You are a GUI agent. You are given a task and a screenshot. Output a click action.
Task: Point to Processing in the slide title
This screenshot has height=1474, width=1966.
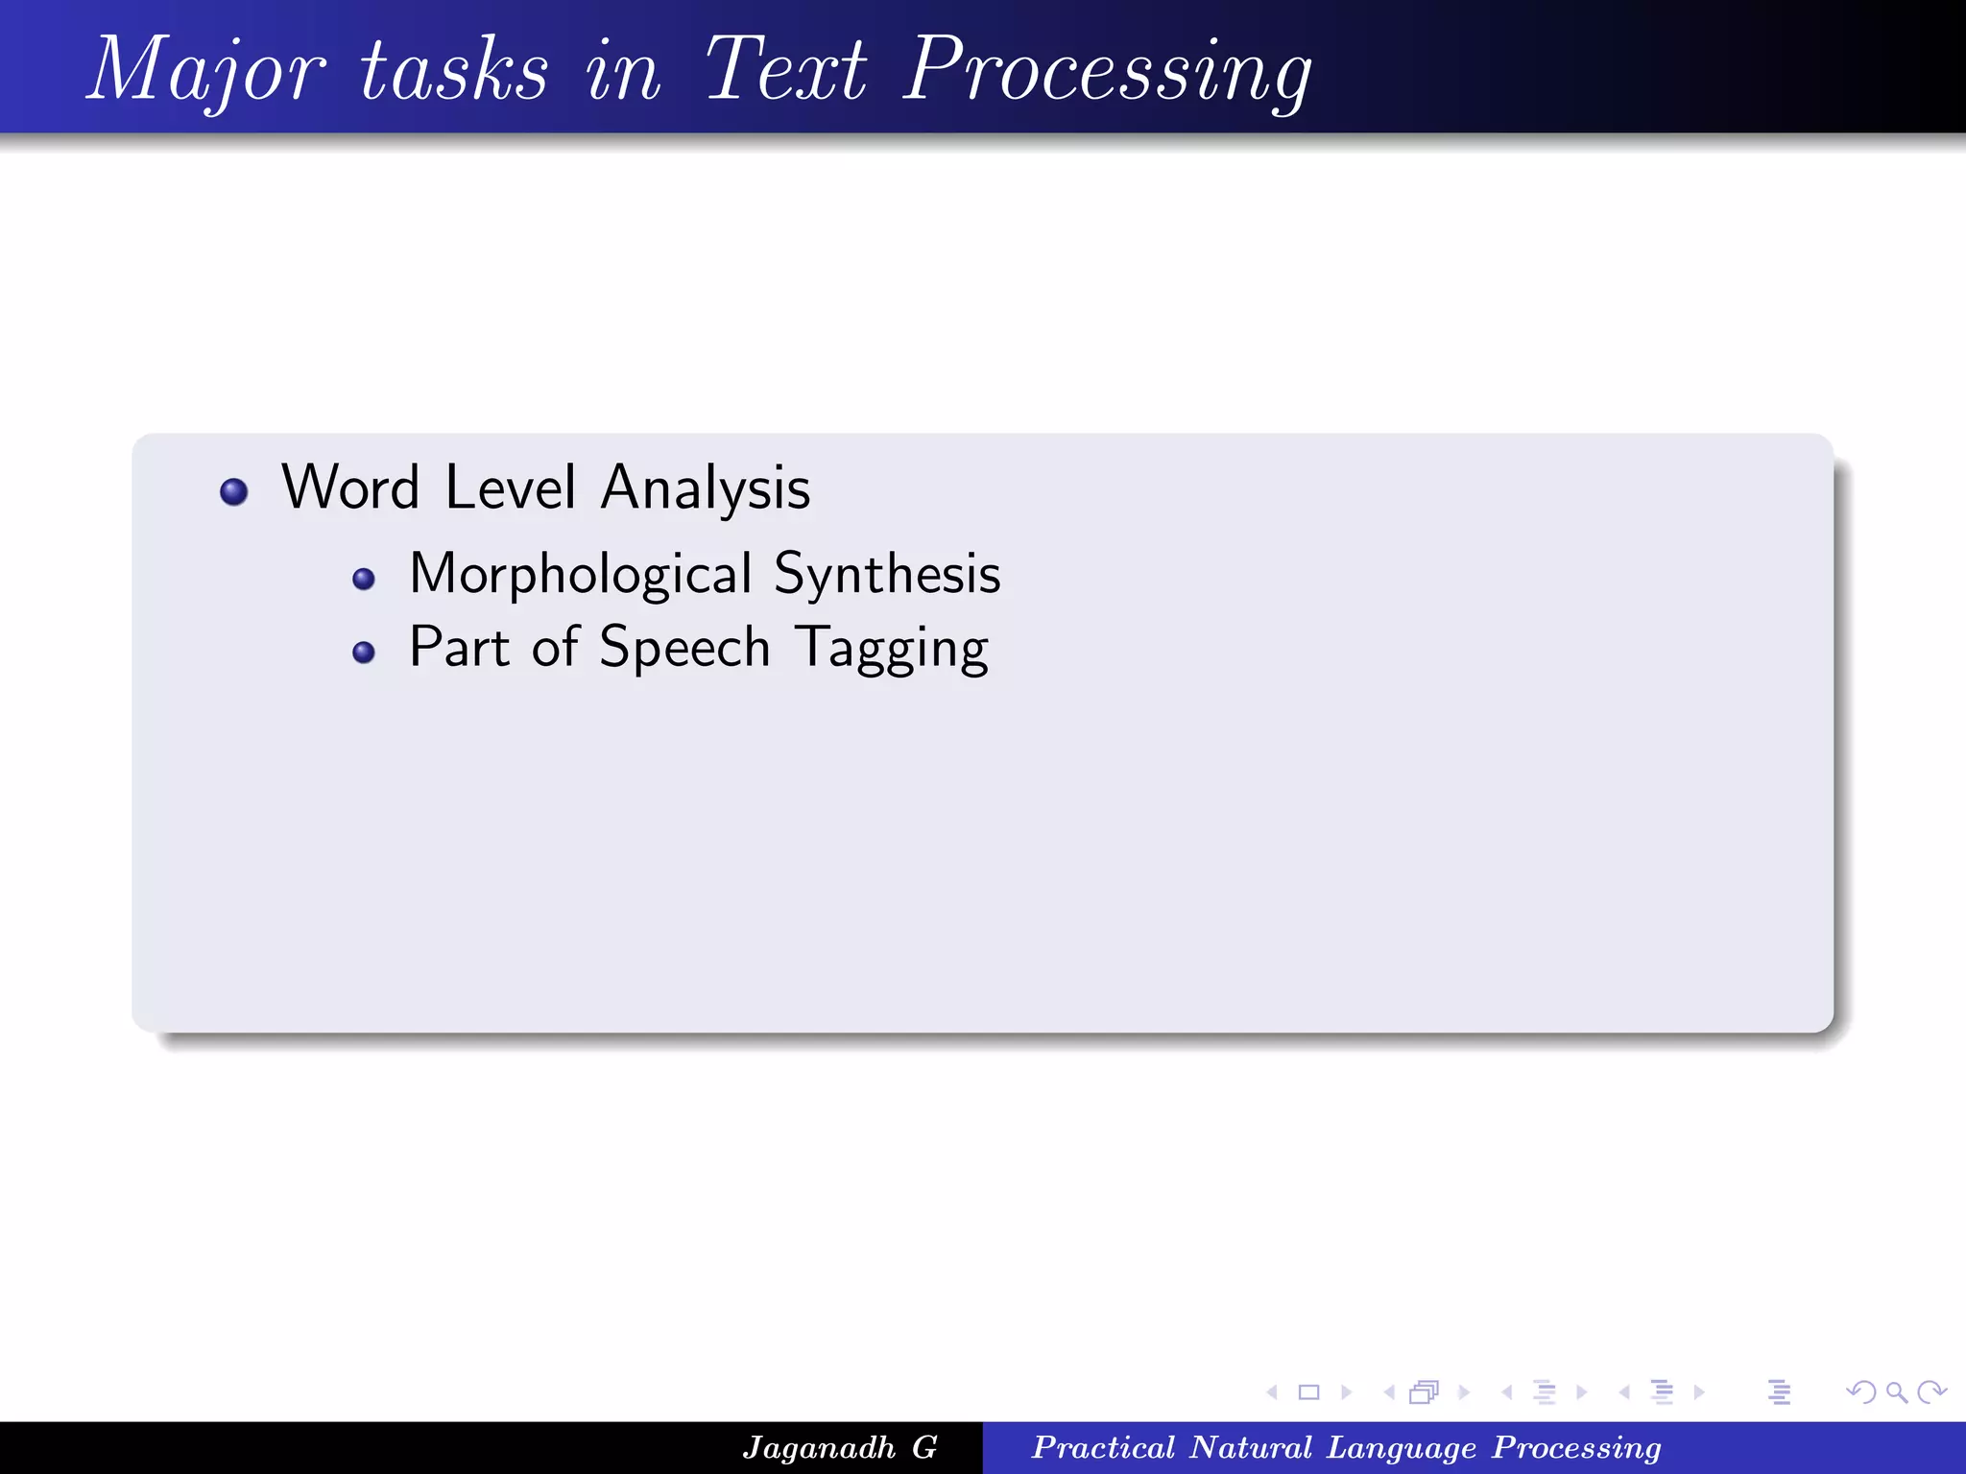1109,71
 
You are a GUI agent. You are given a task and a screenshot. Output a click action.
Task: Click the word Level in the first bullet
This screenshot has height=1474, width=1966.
511,487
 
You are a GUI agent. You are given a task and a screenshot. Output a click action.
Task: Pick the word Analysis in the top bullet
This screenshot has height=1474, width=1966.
706,489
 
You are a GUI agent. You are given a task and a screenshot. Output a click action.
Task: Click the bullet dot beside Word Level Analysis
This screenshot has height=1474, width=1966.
234,492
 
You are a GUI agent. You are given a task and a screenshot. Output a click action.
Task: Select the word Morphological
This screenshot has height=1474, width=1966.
580,575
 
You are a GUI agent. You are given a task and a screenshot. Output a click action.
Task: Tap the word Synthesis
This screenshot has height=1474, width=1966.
887,575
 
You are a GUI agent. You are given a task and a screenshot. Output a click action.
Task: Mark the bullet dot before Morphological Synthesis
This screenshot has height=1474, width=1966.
364,579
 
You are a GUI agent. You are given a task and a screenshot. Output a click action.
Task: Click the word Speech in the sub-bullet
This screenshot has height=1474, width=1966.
684,649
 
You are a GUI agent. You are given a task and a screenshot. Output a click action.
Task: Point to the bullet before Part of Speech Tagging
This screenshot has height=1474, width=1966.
364,653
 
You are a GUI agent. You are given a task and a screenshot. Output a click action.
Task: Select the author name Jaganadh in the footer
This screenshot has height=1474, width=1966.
819,1448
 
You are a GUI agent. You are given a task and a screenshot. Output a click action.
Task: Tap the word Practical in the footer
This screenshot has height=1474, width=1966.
1103,1448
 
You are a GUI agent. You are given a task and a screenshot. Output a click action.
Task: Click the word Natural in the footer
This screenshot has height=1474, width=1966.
1251,1448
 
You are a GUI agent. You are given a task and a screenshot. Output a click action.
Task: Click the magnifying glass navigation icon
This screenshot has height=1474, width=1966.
1896,1391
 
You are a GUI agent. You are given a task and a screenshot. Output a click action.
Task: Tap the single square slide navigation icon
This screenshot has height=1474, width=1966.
1308,1391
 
